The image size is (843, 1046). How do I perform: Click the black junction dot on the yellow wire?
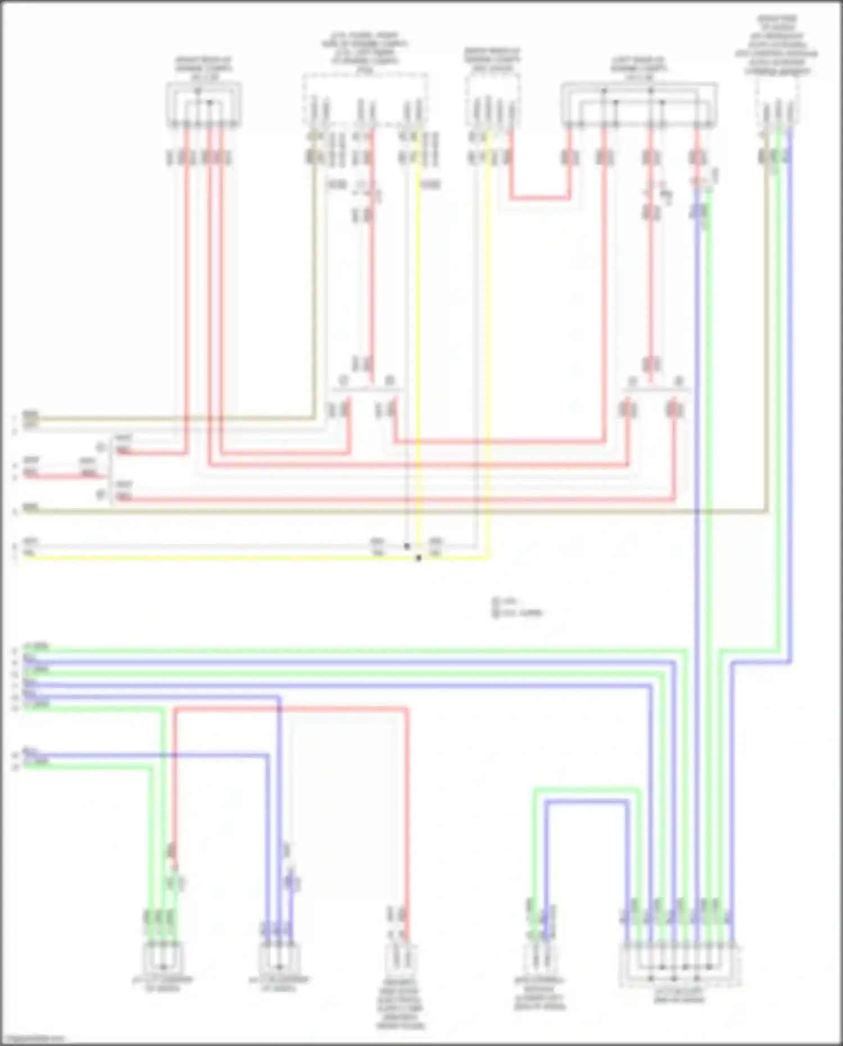point(419,558)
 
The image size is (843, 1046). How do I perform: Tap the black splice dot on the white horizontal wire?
point(407,546)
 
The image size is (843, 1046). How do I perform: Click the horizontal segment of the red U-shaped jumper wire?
point(540,198)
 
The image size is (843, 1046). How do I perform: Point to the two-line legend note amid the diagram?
point(518,608)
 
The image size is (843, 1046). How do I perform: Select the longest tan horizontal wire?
point(393,511)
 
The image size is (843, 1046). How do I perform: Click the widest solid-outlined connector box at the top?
point(639,105)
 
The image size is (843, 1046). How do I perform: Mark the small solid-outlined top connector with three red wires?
point(203,105)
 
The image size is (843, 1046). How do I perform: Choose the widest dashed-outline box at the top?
point(365,99)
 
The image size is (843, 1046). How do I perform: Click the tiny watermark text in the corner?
point(33,1039)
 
